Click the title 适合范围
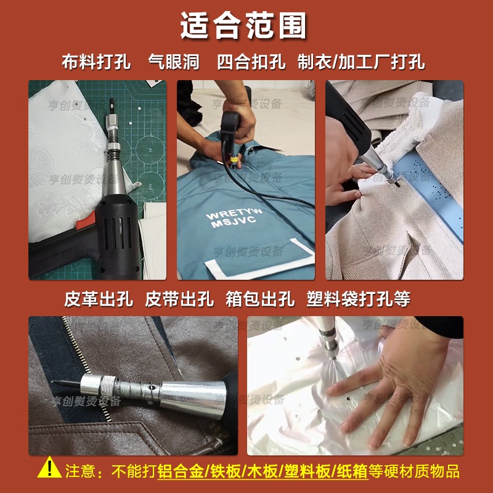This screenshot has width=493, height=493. (243, 26)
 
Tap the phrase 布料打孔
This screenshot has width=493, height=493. (96, 62)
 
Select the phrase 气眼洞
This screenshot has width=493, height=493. (174, 62)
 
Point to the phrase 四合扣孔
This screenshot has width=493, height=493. (251, 62)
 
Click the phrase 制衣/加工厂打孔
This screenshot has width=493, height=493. (361, 62)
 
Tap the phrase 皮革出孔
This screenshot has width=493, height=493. (99, 299)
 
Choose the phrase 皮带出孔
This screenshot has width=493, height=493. (179, 299)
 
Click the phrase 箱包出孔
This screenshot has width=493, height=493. (260, 299)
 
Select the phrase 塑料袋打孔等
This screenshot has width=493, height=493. (359, 299)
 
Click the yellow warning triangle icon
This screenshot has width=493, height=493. (49, 468)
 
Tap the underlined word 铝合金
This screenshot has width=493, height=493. (181, 471)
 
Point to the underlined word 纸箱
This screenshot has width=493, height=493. (352, 471)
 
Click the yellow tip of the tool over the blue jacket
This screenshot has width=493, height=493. (234, 160)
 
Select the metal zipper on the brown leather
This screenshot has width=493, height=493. (86, 368)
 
